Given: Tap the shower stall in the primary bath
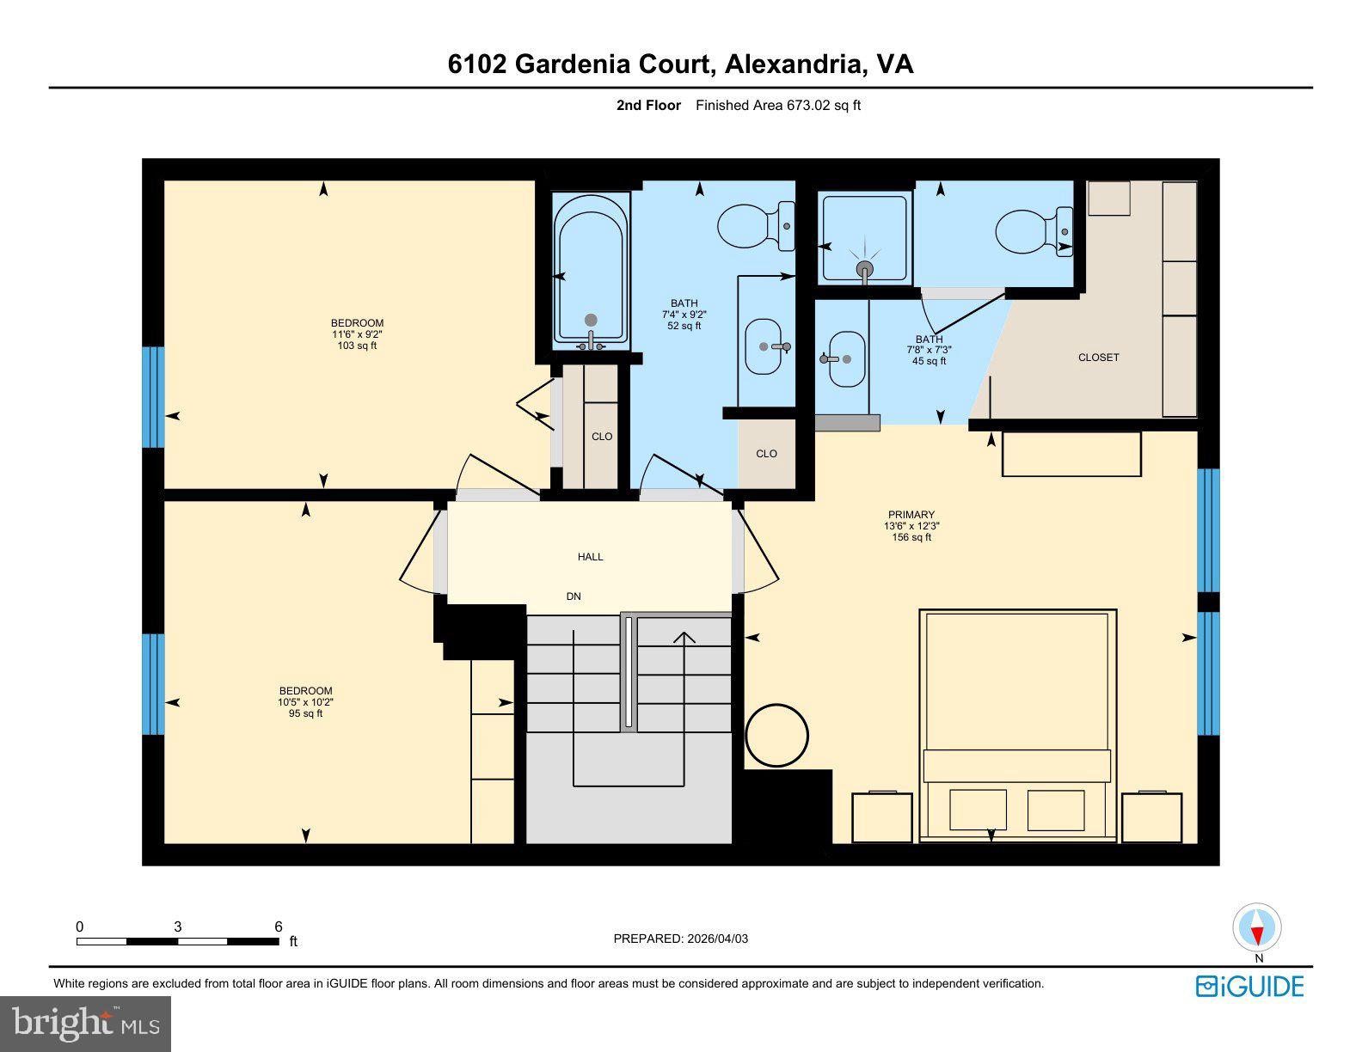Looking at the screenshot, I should [864, 238].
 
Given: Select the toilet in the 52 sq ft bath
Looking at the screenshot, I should [755, 227].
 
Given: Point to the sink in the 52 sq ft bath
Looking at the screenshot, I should [764, 346].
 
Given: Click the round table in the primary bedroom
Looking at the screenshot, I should [776, 736].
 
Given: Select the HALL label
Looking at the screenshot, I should [590, 557].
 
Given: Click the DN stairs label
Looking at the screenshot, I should [574, 596].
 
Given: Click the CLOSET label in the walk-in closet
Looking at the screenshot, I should [1098, 358].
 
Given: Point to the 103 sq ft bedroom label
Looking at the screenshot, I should [357, 346].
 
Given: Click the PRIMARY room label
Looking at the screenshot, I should [911, 515].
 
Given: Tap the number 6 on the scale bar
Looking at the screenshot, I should [279, 927].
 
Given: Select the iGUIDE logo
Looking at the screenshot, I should [1249, 986].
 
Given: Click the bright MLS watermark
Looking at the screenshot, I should [86, 1024].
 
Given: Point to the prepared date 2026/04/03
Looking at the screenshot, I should [717, 939].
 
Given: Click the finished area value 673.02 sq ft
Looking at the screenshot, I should [823, 106].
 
